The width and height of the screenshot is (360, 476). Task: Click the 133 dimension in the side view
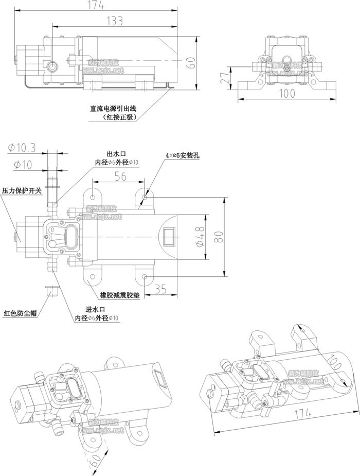click(x=114, y=21)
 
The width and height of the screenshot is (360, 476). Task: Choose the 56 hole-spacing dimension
click(x=120, y=175)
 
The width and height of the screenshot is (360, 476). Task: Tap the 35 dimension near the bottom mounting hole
click(x=160, y=290)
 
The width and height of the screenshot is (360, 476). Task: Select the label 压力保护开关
click(x=21, y=190)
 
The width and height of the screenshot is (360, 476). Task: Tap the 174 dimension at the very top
click(x=95, y=5)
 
